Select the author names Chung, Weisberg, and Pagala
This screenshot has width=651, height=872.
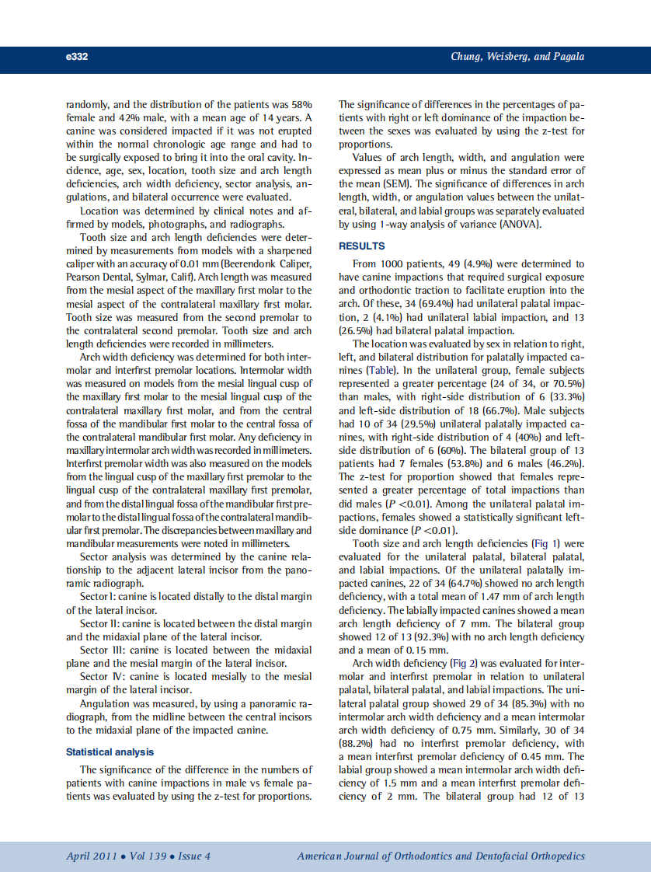click(x=517, y=57)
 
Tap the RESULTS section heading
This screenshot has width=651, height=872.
click(x=361, y=246)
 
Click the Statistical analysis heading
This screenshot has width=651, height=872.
click(x=110, y=752)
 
